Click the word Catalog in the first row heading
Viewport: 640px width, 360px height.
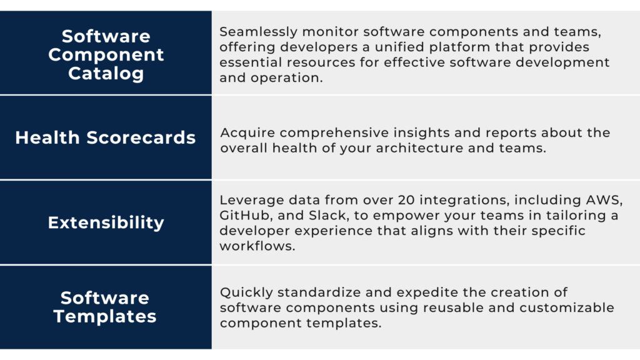tap(106, 74)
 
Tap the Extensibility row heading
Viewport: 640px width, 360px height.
tap(106, 223)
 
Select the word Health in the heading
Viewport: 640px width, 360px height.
tap(47, 137)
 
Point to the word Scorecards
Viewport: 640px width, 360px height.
tap(141, 137)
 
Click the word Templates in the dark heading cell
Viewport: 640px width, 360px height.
tap(105, 316)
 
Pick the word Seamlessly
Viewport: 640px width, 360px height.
tap(259, 32)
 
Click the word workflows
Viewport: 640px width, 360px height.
tap(257, 246)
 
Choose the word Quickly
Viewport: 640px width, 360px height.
tap(246, 292)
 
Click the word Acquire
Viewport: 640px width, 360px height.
tap(247, 133)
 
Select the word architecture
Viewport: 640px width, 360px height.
tap(419, 148)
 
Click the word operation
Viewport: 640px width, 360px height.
tap(286, 78)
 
